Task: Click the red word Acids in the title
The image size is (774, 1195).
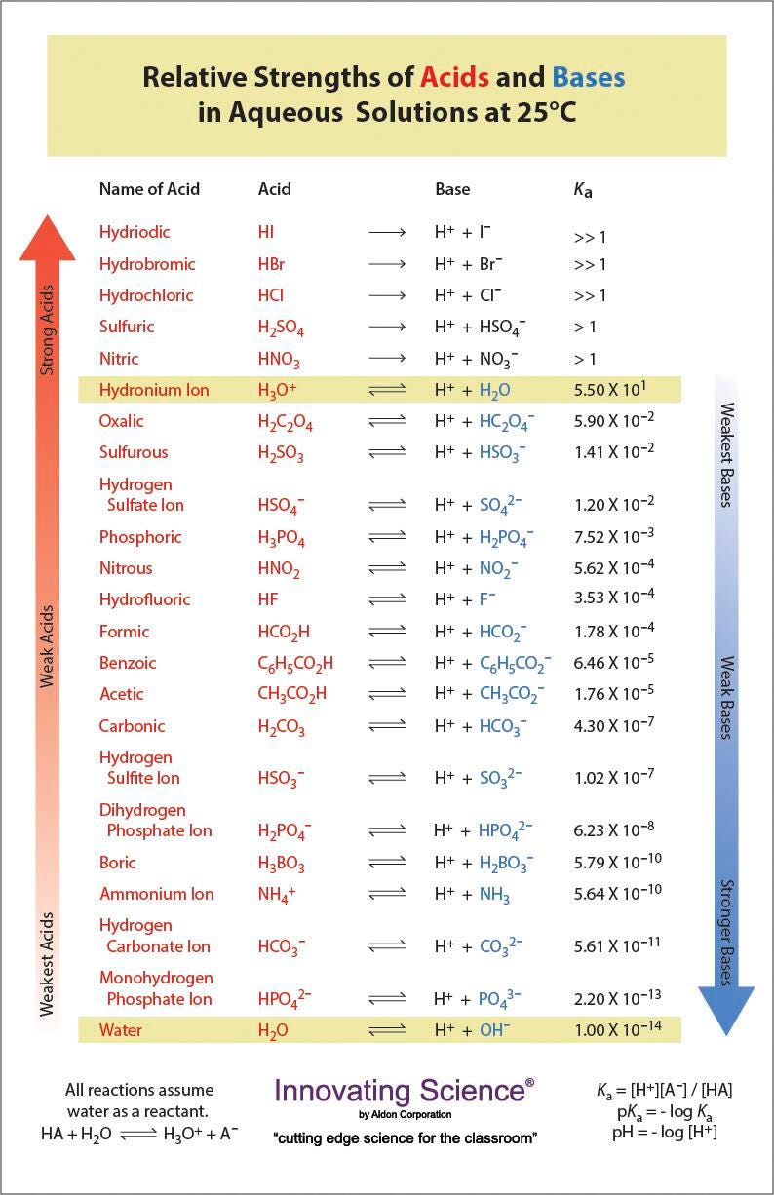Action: click(x=454, y=77)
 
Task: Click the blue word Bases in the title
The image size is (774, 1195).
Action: click(x=588, y=77)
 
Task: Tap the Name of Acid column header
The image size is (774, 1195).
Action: click(x=149, y=189)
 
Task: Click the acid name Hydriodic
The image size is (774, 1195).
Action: click(x=135, y=232)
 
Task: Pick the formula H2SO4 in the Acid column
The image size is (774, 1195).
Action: click(x=281, y=328)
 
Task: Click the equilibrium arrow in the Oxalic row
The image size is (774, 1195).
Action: click(x=386, y=422)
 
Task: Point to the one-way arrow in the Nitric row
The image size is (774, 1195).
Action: click(x=386, y=359)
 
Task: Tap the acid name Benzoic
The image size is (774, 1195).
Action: click(x=128, y=663)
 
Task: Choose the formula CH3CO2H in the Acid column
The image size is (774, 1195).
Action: click(x=291, y=695)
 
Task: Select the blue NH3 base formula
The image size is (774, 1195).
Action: click(x=494, y=895)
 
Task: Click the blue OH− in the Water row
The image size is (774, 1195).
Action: click(x=494, y=1029)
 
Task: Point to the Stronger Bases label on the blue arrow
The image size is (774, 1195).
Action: click(x=725, y=933)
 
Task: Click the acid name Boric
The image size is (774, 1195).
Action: click(x=118, y=863)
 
